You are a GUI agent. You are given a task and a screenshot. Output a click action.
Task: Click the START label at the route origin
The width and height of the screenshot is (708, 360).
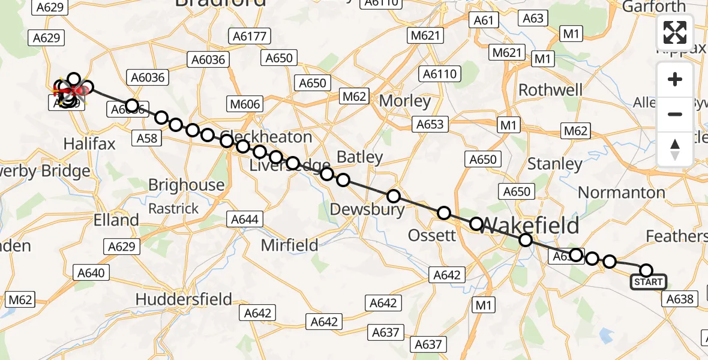pos(648,282)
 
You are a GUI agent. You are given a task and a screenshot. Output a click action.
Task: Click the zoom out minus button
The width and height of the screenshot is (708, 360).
pos(675,114)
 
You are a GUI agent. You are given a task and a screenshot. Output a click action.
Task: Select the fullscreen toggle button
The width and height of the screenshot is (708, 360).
pos(675,32)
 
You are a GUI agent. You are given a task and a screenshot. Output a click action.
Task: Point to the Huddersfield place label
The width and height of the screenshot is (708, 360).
pos(184,299)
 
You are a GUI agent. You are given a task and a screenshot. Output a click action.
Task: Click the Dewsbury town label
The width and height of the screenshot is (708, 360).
pos(368,209)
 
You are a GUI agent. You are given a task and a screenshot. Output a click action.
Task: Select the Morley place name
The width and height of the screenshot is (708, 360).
pos(405,101)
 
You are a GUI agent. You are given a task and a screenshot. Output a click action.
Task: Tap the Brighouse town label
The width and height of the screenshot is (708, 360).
pos(186,185)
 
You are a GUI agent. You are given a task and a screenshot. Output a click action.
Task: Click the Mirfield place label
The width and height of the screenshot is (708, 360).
pos(290,244)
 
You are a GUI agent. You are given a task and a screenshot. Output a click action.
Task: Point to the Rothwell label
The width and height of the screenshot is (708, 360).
pos(550,90)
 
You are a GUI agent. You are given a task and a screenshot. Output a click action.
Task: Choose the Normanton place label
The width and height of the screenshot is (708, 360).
pos(621,193)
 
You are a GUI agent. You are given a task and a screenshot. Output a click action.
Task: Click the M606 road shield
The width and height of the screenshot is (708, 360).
pos(245,104)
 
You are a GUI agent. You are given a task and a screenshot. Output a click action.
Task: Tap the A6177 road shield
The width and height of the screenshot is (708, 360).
pos(250,37)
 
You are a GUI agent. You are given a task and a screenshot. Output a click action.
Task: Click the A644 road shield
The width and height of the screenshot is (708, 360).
pos(244,219)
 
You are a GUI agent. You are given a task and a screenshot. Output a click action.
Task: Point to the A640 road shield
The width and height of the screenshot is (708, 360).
pos(91,273)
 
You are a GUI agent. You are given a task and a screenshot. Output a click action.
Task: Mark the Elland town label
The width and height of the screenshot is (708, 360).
pos(116,220)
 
